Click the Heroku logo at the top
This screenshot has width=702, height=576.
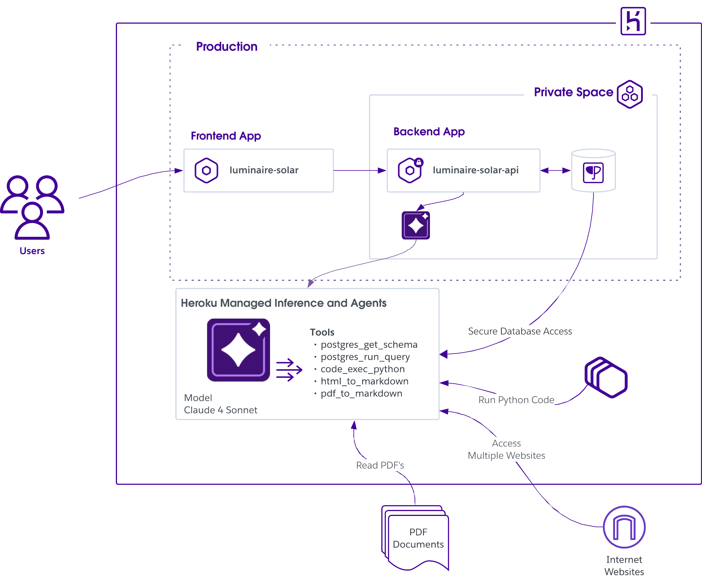(633, 21)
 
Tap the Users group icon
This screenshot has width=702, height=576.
(32, 207)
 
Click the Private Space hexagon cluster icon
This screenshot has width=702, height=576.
(630, 94)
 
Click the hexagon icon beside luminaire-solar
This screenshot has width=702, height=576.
(207, 170)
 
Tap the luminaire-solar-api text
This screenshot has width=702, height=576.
(475, 170)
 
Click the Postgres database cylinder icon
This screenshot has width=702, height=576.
(593, 170)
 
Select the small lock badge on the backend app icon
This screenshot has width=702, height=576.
(419, 162)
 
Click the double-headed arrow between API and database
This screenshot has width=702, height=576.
(555, 170)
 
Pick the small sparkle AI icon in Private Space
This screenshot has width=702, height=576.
(416, 225)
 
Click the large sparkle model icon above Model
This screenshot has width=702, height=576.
(238, 350)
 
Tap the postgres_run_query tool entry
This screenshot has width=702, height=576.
(365, 357)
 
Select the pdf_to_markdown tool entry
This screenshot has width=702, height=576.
(362, 394)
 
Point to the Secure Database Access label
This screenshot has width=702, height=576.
(520, 331)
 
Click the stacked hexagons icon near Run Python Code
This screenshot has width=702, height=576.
(606, 377)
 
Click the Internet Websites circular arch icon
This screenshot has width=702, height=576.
(624, 527)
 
